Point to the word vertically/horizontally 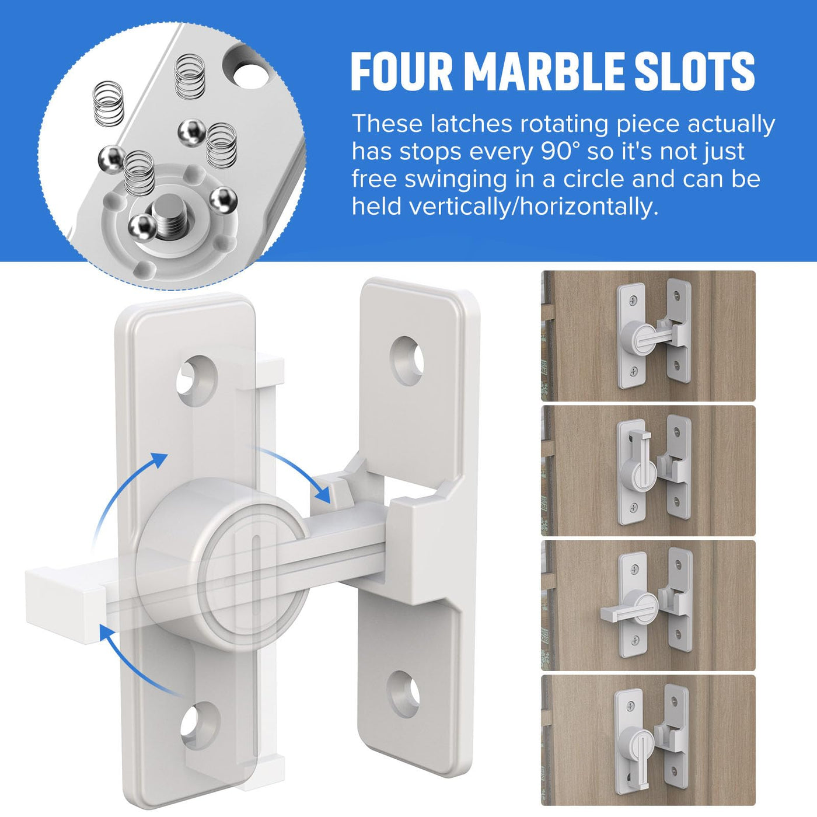coord(505,207)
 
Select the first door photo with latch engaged coord(648,336)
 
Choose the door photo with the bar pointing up coord(648,471)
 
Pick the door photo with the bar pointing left coord(648,605)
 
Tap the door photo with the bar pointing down coord(648,741)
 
